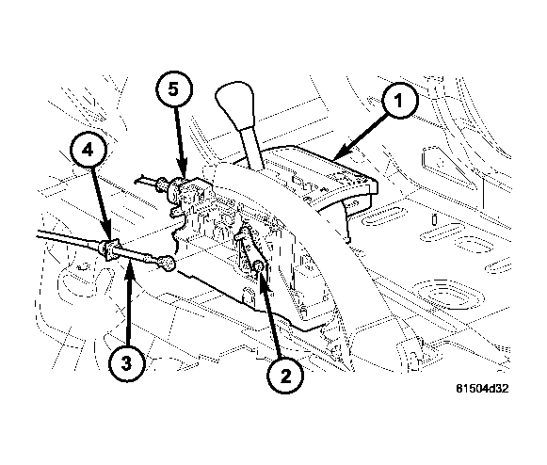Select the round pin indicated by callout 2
[x=257, y=270]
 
